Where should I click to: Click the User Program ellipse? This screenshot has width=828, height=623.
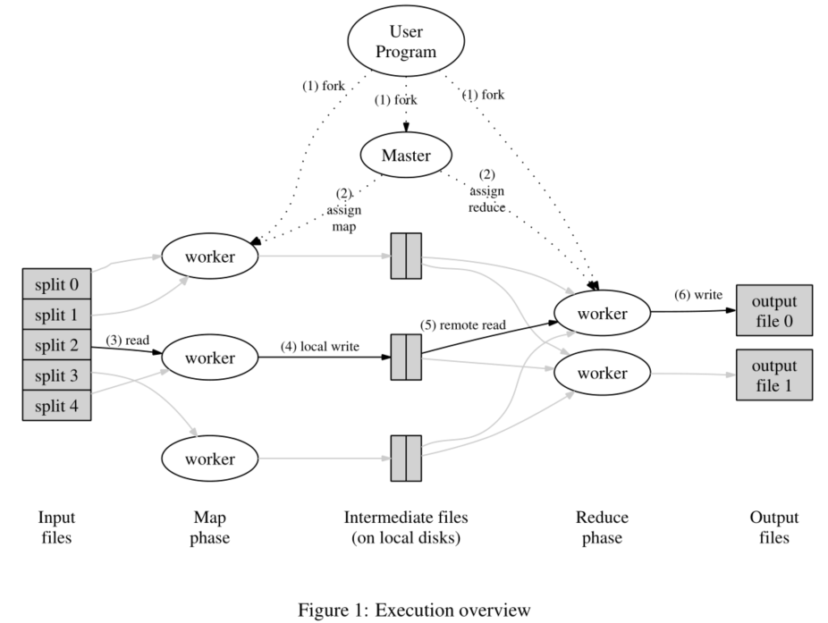[x=406, y=42]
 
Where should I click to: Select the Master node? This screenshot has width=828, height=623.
[x=406, y=156]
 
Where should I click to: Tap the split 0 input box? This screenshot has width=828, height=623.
[x=56, y=285]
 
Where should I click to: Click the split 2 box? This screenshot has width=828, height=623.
[x=56, y=345]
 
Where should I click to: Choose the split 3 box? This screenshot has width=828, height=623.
[x=56, y=375]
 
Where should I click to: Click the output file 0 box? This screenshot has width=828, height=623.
[x=773, y=310]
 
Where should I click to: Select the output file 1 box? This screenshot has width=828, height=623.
[x=773, y=374]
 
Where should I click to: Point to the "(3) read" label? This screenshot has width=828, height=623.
[x=126, y=341]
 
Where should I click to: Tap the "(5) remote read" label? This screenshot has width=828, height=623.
[x=464, y=326]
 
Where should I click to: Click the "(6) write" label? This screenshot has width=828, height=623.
[x=698, y=295]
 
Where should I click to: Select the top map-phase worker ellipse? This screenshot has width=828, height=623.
[x=209, y=257]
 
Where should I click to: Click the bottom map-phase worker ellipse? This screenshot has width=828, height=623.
[x=209, y=459]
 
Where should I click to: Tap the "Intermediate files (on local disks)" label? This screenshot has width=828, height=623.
[x=405, y=527]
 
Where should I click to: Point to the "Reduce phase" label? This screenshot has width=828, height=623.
[x=602, y=527]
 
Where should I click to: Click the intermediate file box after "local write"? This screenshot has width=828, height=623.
[x=405, y=357]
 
